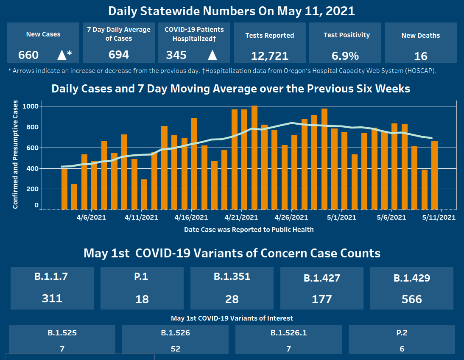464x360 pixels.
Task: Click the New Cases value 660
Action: point(28,55)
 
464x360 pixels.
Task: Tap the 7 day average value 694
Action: point(119,54)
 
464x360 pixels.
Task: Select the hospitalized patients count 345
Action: point(176,55)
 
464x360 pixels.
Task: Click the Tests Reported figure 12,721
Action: point(269,56)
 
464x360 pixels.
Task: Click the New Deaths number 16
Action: point(421,56)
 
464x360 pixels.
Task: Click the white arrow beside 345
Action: point(212,55)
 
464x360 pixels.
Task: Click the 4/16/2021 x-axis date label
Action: point(191,218)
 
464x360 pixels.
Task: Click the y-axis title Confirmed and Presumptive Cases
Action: point(15,154)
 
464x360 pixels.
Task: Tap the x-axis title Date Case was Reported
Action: point(249,229)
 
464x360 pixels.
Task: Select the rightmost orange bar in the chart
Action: point(434,175)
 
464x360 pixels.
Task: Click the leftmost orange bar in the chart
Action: point(64,189)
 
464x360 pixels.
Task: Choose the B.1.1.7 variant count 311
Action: point(52,298)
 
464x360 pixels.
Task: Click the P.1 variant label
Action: point(142,277)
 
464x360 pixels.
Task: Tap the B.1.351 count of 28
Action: point(232,299)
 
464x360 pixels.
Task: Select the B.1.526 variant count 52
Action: point(175,349)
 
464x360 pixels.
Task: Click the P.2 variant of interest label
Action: point(402,333)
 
